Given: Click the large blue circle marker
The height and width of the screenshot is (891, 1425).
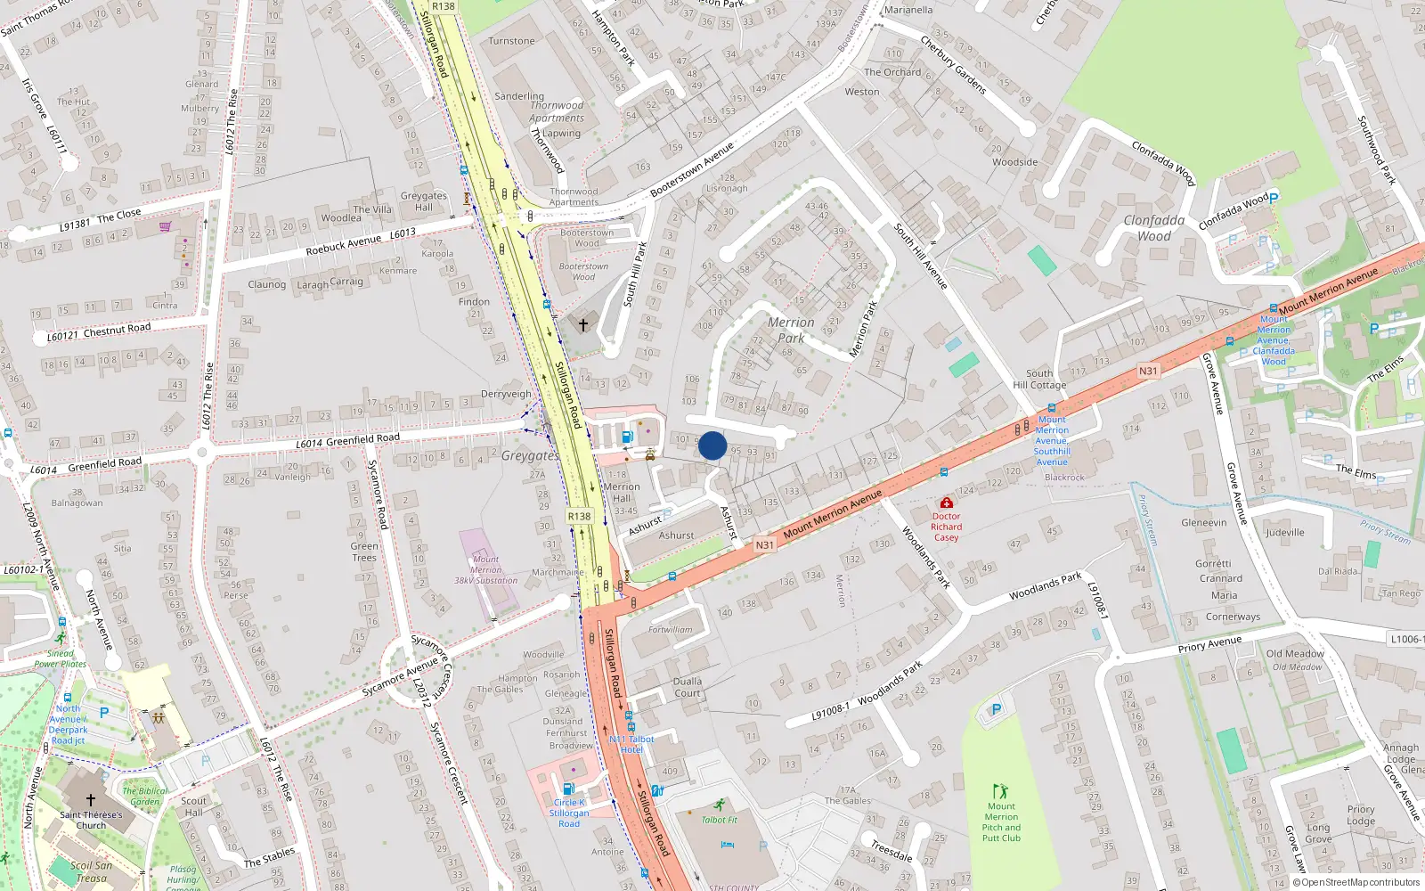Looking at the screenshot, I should (x=712, y=445).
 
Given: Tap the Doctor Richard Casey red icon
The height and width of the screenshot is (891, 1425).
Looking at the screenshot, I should (x=947, y=503).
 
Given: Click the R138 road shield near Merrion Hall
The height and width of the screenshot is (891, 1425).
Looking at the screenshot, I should (x=579, y=516).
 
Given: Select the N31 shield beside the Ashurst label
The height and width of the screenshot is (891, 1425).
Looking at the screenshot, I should (x=764, y=545).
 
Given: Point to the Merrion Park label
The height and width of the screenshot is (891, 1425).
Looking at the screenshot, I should (x=791, y=330).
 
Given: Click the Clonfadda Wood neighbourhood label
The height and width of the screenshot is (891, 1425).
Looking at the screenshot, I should (x=1154, y=228).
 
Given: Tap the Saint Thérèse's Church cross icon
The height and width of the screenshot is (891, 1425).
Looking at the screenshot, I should (x=90, y=800).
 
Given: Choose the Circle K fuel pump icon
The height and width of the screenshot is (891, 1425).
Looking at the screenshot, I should (x=568, y=789).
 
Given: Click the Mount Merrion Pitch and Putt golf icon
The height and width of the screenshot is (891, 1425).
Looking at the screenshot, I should (x=1000, y=791).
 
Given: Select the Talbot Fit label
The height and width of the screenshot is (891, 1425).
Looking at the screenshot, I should (x=719, y=820).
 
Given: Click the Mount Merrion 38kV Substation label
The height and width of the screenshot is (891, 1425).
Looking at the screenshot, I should (x=485, y=570).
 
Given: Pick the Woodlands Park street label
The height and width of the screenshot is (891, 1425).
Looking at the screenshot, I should (x=1045, y=585).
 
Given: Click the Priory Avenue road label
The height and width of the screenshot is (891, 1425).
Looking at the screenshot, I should (x=1209, y=644).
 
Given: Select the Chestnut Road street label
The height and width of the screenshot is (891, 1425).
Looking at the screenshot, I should (x=117, y=330).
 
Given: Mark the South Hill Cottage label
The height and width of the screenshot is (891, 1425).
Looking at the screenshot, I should (x=1039, y=380).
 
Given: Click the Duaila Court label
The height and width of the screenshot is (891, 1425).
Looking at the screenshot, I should (x=687, y=687).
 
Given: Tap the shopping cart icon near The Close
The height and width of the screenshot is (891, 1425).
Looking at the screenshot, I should (x=165, y=226).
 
